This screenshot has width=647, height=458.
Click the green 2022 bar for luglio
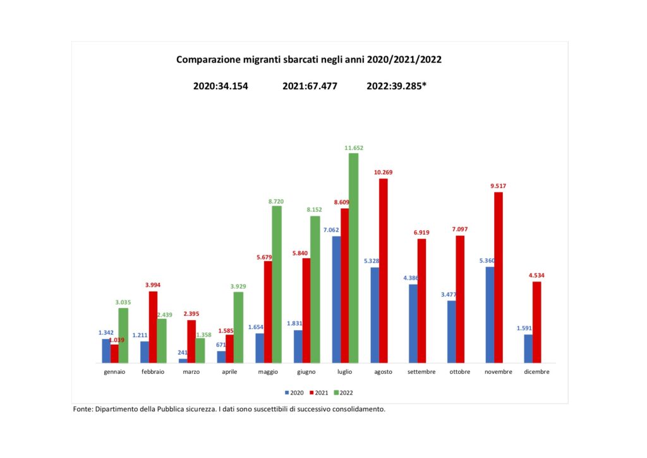(x=353, y=258)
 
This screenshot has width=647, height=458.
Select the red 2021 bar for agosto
(x=383, y=271)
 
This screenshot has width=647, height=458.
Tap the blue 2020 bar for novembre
(x=490, y=315)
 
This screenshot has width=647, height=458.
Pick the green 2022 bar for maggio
(x=277, y=285)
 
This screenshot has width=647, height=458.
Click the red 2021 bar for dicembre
(x=537, y=322)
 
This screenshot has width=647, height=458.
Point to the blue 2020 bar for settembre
(x=413, y=323)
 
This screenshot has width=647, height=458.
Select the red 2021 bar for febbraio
(x=153, y=327)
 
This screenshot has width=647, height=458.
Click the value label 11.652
(x=354, y=148)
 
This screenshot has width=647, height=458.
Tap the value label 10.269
(x=383, y=173)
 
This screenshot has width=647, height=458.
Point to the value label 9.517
(x=498, y=186)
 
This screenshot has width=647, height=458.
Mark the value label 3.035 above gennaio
(x=123, y=302)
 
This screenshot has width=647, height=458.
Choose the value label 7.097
(x=460, y=229)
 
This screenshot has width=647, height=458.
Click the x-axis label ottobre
(x=460, y=372)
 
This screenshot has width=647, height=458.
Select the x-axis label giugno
(x=306, y=372)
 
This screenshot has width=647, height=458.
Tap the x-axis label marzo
(x=191, y=372)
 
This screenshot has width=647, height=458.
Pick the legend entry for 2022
(x=343, y=393)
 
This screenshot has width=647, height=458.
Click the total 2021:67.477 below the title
(x=310, y=86)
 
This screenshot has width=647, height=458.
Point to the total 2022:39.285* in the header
(x=396, y=86)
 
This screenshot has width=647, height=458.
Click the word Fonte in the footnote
(x=83, y=409)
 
